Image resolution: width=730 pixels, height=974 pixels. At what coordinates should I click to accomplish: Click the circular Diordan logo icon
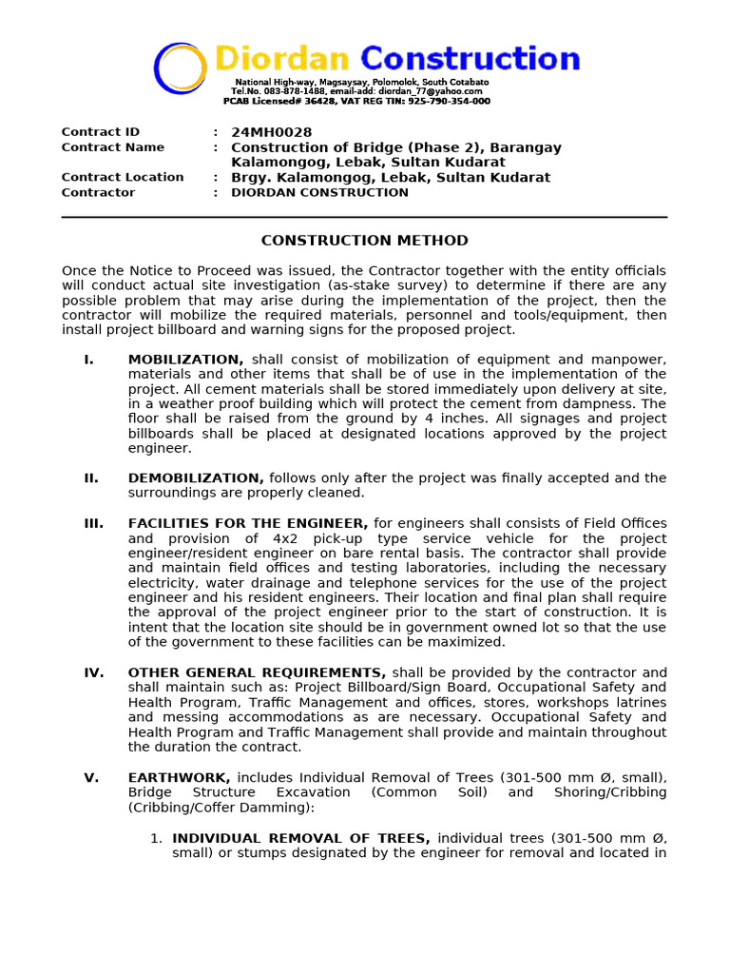pos(180,68)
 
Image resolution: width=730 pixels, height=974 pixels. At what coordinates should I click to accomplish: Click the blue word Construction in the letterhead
pos(470,59)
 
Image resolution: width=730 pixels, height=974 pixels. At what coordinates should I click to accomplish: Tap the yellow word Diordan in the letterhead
pos(282,59)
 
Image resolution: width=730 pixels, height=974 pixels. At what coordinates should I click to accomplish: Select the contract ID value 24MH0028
pos(271,132)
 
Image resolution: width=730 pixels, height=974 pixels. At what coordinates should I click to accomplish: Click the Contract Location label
pos(123,177)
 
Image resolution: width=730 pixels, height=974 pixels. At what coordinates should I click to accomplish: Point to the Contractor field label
pos(98,192)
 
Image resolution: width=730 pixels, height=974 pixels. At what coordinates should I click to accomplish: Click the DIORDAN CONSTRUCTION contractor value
pos(319,192)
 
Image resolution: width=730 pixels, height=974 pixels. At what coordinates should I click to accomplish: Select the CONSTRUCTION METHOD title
pos(364,241)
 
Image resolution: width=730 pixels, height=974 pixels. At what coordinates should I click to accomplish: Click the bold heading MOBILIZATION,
pos(185,360)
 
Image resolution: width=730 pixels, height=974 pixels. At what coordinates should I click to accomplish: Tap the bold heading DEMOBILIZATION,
pos(196,477)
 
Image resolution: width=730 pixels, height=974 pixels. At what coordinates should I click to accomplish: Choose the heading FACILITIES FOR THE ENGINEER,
pos(248,523)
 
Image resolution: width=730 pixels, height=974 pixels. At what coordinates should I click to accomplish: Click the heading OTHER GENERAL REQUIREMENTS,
pos(257,672)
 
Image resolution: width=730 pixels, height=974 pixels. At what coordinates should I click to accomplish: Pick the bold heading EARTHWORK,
pos(180,777)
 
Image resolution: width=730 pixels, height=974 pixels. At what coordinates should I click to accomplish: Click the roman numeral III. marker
pos(93,523)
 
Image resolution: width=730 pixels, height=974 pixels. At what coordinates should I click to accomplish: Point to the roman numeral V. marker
pos(90,777)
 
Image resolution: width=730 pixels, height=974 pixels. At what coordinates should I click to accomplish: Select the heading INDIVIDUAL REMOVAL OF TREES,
pos(301,838)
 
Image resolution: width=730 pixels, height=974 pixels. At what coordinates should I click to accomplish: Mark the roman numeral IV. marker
pos(93,672)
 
